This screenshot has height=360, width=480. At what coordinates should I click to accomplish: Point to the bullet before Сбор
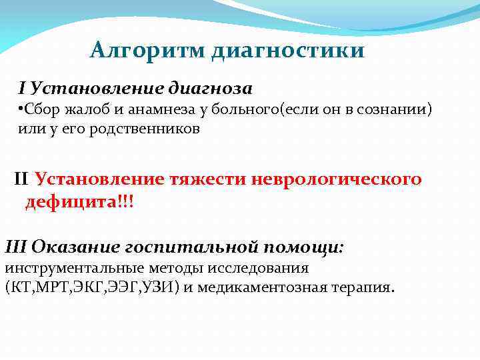coord(21,109)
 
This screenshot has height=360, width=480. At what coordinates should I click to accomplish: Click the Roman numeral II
coord(21,179)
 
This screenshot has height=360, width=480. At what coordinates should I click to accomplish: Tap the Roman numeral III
coord(15,247)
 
